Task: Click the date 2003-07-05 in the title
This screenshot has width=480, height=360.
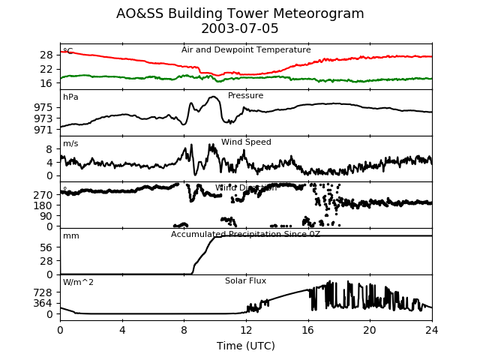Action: coord(240,28)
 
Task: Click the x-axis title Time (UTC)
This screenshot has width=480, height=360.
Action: coord(246,346)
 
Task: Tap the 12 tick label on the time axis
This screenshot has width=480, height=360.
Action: coord(246,330)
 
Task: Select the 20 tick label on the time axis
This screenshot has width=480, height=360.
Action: coord(370,330)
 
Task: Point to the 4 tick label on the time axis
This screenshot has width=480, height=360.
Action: coord(122,330)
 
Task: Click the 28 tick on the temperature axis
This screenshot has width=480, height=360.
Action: coord(46,55)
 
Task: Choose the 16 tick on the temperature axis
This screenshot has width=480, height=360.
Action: coord(46,83)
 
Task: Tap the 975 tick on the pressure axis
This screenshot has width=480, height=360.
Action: coord(43,107)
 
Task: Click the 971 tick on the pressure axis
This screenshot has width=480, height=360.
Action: coord(43,130)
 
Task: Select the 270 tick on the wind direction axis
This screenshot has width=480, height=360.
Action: coord(43,194)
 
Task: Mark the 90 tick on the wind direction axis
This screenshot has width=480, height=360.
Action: coord(46,216)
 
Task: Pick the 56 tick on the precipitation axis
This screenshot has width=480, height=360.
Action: coord(46,247)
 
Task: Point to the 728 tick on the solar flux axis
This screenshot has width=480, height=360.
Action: coord(43,292)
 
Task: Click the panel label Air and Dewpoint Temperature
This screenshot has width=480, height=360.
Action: coord(246,50)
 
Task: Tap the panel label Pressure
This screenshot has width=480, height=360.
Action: coord(246,96)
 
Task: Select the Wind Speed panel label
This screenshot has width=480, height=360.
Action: coord(246,142)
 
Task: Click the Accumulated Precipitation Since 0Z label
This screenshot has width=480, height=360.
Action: coord(246,235)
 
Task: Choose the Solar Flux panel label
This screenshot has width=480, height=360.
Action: coord(246,281)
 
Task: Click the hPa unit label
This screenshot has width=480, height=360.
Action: coord(70,97)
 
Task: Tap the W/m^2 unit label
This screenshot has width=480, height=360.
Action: coord(78,283)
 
